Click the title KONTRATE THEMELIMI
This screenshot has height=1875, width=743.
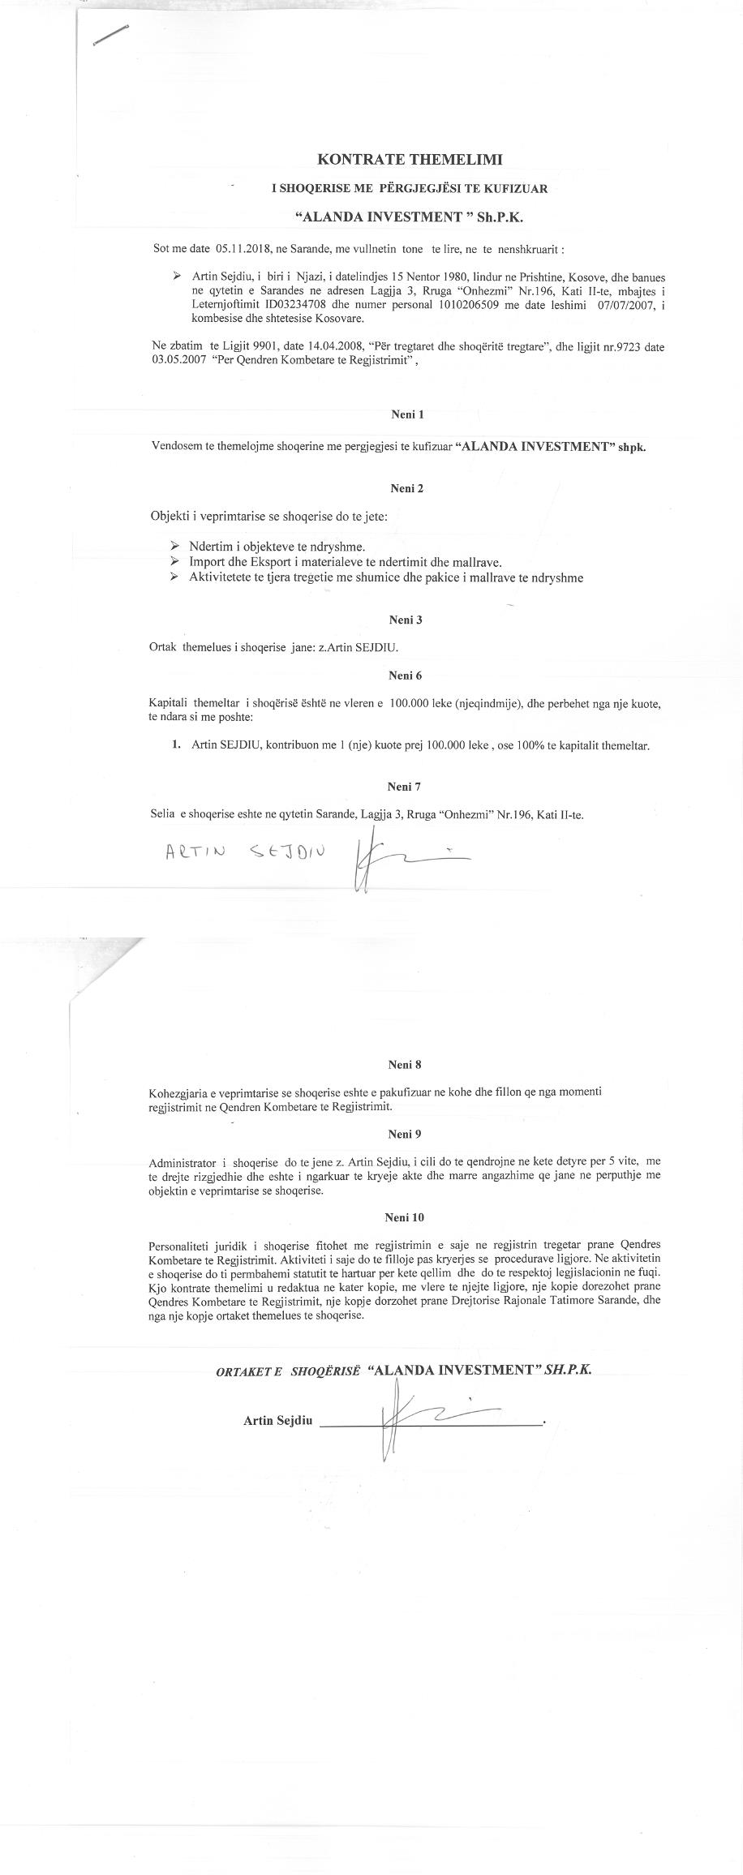coord(409,159)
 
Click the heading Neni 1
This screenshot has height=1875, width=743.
coord(408,414)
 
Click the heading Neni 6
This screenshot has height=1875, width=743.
coord(406,675)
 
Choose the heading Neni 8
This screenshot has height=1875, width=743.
coord(405,1065)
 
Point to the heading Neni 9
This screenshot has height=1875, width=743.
coord(405,1134)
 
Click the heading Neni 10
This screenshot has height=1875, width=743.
coord(406,1217)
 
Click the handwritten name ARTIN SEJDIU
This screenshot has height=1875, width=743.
coord(244,852)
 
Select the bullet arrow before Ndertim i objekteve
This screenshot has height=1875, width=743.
coord(174,546)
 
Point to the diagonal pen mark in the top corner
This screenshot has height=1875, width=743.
coord(111,36)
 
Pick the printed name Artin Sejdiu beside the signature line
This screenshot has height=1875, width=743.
coord(277,1421)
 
